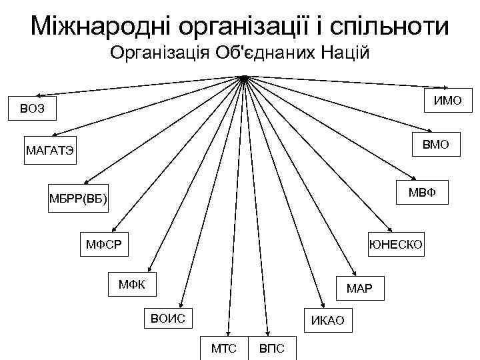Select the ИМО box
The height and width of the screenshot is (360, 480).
pos(449,101)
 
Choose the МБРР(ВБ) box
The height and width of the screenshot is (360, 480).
pos(78,198)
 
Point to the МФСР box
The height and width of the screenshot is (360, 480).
pos(103,243)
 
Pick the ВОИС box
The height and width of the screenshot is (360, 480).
pos(167,318)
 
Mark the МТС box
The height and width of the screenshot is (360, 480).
pos(223,348)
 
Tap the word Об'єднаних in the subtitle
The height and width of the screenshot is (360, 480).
pos(271,54)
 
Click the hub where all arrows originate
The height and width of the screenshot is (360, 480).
pos(245,78)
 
